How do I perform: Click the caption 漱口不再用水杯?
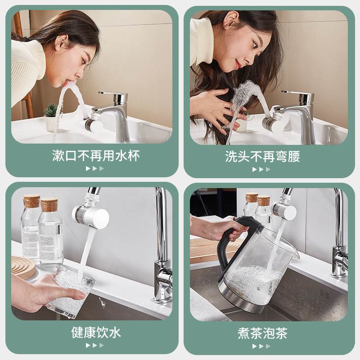click(96, 156)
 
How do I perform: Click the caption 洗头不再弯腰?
click(262, 157)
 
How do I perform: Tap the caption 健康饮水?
click(96, 333)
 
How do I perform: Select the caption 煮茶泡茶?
click(262, 333)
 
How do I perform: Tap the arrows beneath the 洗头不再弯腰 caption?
click(261, 169)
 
